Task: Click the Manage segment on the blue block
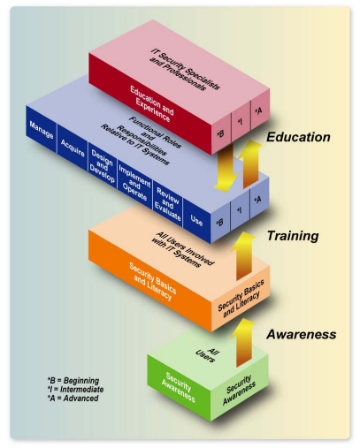click(42, 130)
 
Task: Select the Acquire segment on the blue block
click(73, 148)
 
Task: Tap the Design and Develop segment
click(103, 166)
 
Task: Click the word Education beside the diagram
click(298, 137)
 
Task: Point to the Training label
click(293, 236)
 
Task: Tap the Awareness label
click(302, 334)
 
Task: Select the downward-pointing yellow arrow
click(226, 168)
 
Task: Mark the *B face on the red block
click(221, 133)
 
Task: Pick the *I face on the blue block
click(240, 209)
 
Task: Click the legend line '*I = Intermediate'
click(75, 390)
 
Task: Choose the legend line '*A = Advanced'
click(73, 399)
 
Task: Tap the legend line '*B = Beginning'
click(73, 381)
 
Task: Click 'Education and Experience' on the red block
click(152, 103)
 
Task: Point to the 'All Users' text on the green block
click(207, 354)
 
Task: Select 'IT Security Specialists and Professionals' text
click(185, 70)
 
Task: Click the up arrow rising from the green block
click(243, 343)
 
